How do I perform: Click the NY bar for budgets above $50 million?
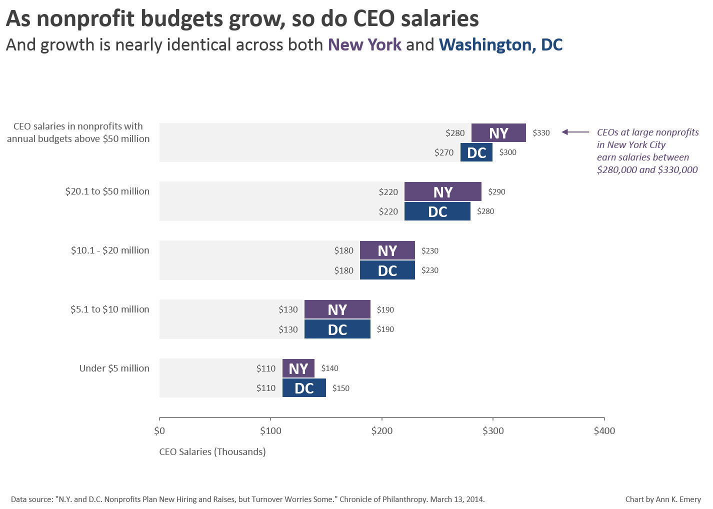(x=498, y=133)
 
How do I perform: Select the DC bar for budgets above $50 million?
(x=476, y=152)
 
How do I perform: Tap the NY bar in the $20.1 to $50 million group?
(x=443, y=192)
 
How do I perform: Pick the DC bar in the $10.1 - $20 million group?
(x=387, y=270)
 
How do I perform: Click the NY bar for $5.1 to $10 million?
(x=337, y=309)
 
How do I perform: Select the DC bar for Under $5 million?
(x=304, y=388)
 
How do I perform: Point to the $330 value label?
(x=541, y=133)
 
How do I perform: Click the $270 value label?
(x=444, y=152)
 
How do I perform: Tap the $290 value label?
(x=496, y=192)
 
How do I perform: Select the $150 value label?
(x=341, y=388)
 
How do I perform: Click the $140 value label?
(x=330, y=368)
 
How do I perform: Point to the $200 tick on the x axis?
(x=382, y=430)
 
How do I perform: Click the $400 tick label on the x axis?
(x=604, y=430)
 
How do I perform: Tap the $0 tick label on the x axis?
(x=159, y=430)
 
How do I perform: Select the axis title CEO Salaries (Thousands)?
(x=212, y=452)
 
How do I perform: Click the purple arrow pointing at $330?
(x=575, y=132)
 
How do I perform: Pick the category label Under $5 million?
(x=114, y=368)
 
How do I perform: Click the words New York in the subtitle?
(x=364, y=45)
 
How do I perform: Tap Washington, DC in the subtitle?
(x=500, y=45)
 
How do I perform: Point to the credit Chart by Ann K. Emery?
(x=663, y=499)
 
